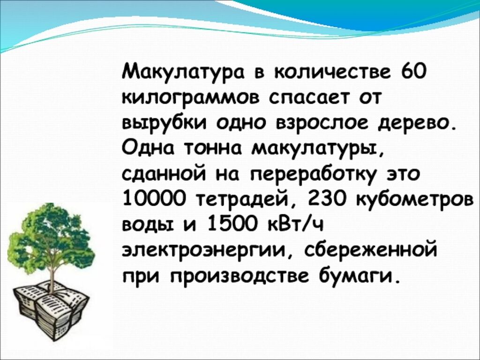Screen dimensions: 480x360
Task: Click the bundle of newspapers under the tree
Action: click(x=51, y=310)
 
